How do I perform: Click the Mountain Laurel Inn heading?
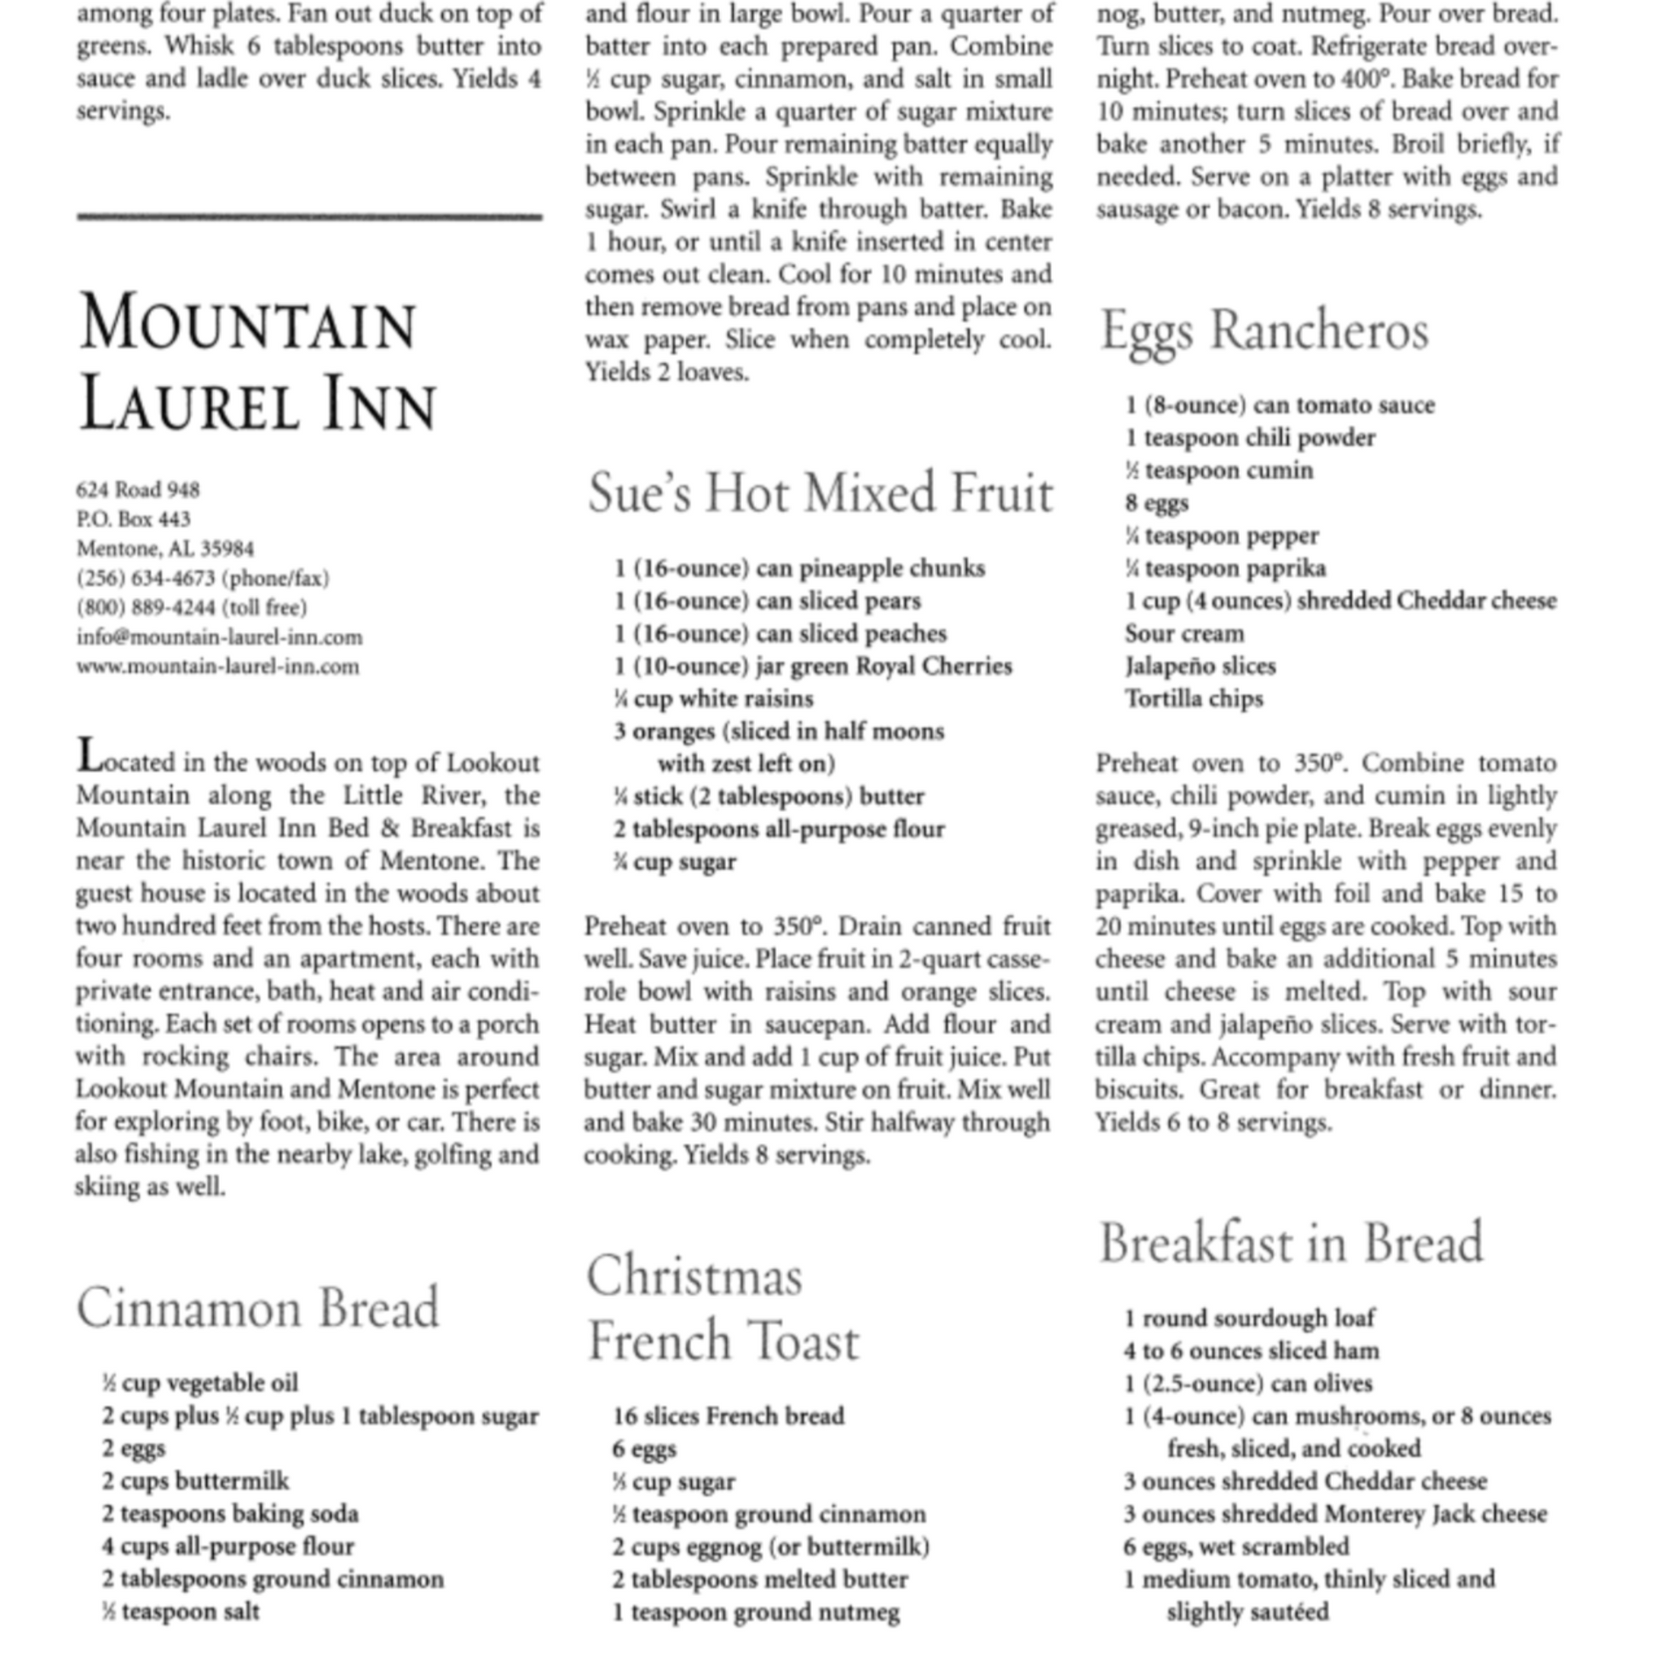[257, 362]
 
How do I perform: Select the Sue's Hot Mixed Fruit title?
[820, 494]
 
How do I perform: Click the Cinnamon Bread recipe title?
[257, 1309]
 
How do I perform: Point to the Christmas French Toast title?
[722, 1309]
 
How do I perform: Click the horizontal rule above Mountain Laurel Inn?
[309, 217]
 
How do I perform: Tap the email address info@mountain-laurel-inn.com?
[220, 636]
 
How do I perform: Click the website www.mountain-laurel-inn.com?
[218, 667]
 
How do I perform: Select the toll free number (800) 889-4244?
[192, 607]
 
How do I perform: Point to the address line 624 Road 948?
[138, 490]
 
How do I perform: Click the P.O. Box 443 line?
[134, 519]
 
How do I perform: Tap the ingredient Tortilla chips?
[1195, 699]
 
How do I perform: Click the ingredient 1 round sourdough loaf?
[1250, 1317]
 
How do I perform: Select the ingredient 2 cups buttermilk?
[196, 1481]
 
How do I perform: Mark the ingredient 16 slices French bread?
[728, 1415]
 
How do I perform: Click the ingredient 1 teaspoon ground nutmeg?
[756, 1612]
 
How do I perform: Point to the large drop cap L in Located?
[89, 755]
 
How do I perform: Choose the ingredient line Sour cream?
[1184, 633]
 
